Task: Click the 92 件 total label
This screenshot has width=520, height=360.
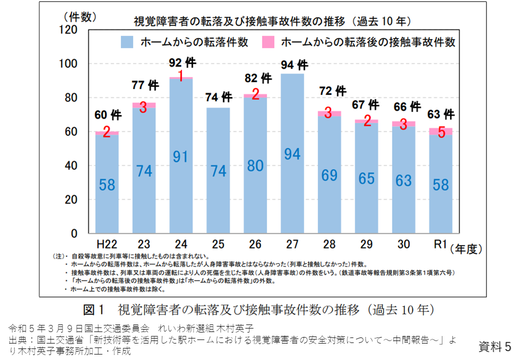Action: tap(182, 63)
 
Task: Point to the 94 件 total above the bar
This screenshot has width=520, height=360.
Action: tap(294, 65)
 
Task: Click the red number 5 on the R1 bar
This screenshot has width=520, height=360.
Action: tap(440, 133)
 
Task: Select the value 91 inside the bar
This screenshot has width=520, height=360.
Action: tap(180, 156)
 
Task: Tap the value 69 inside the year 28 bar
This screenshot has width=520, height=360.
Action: tap(329, 176)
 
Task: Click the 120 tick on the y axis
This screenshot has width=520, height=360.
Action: tap(70, 30)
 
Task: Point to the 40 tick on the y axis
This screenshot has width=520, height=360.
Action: tap(73, 165)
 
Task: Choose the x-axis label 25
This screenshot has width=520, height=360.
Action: tap(218, 244)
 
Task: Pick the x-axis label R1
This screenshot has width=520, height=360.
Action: tap(440, 244)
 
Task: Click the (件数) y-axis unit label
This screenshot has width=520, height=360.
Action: tap(79, 17)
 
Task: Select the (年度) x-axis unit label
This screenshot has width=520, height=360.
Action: tap(469, 248)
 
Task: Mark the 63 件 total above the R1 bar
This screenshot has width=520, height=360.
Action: tap(440, 114)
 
